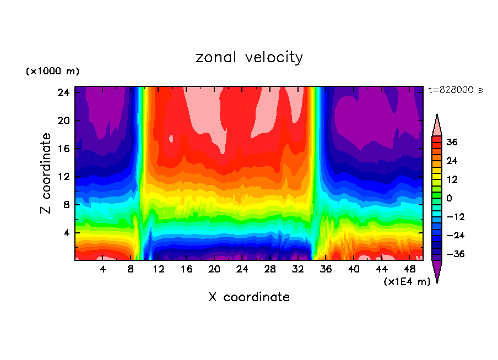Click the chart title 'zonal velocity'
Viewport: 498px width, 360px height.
pos(249,57)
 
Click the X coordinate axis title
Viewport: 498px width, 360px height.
pos(249,297)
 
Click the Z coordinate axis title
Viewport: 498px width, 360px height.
pos(46,173)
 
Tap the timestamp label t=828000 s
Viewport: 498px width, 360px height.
pos(456,90)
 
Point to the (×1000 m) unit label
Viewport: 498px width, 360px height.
pos(52,72)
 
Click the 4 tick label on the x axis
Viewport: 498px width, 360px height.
pos(102,270)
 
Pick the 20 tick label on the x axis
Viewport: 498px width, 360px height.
pos(214,270)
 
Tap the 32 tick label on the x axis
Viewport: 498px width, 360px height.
pos(298,270)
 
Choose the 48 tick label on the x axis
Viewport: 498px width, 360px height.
pos(409,270)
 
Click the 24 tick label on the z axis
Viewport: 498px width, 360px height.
pos(63,92)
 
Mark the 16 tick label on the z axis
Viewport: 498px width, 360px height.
pos(63,149)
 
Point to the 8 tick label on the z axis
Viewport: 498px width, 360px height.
pos(66,205)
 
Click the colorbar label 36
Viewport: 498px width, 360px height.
pos(452,143)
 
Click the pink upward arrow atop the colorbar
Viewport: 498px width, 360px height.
pos(437,126)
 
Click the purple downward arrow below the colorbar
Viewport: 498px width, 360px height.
pos(437,271)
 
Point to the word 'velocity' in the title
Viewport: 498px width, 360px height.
pos(274,57)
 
